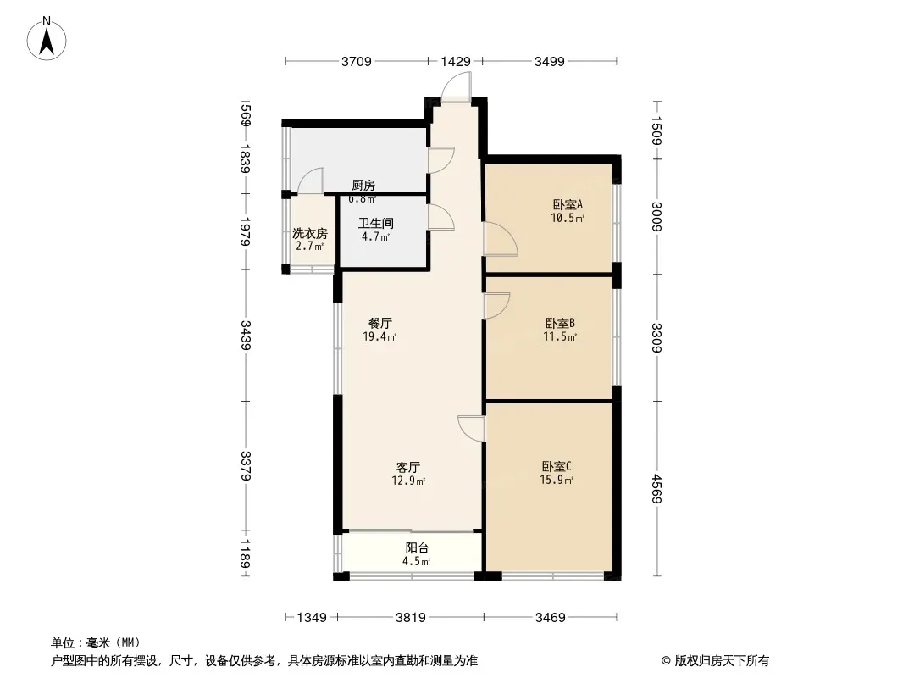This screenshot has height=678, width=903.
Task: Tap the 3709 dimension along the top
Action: tap(357, 61)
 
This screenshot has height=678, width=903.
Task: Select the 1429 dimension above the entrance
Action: tap(456, 61)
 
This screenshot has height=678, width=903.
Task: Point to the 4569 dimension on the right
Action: tap(656, 488)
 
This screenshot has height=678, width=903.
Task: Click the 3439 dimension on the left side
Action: tap(246, 336)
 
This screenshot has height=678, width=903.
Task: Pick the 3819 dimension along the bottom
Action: tap(411, 618)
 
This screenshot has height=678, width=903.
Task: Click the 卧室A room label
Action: tap(568, 204)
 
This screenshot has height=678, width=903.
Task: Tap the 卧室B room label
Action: tap(560, 323)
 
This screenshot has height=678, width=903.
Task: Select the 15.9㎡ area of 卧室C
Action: tap(557, 480)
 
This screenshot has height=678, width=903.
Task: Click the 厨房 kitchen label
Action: tap(363, 185)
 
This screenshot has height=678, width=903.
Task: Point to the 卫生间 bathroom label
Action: tap(376, 223)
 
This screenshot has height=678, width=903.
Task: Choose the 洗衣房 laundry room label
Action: tap(310, 233)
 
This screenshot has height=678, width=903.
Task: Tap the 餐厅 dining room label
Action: tap(380, 323)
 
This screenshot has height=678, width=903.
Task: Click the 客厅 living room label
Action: tap(408, 467)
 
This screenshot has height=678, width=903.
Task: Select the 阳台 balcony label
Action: tap(417, 547)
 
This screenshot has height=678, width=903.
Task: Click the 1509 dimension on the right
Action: tap(656, 131)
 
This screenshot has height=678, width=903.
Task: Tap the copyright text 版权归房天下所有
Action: tap(722, 661)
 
